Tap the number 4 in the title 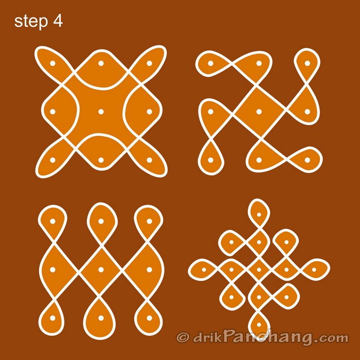coord(58,22)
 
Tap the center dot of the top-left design coord(101,112)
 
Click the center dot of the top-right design coord(259,112)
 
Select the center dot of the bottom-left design coord(101,269)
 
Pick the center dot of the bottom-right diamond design coord(259,269)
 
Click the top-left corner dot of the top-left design coord(52,63)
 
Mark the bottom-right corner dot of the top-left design coord(149,160)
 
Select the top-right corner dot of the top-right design coord(307,63)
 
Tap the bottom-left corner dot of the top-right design coord(210,160)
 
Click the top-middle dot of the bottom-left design coord(101,221)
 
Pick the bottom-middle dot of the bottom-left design coord(101,317)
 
